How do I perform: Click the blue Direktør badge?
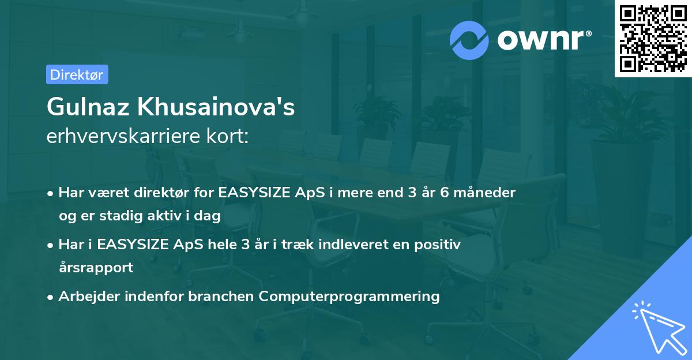(x=77, y=74)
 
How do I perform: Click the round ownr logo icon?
(x=469, y=40)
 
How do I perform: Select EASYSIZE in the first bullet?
(x=254, y=192)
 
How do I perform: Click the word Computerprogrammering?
(x=349, y=297)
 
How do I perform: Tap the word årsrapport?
(x=96, y=267)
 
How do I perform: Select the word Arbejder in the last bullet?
(x=85, y=297)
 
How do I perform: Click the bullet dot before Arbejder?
(x=51, y=297)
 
